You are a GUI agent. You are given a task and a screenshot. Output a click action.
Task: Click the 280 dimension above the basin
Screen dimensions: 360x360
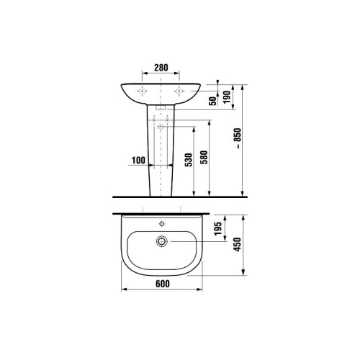point(161,68)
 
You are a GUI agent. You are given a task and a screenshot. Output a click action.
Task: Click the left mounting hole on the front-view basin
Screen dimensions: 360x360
point(143,91)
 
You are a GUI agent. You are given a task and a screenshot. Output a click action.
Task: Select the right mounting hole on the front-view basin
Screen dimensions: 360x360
point(181,91)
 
